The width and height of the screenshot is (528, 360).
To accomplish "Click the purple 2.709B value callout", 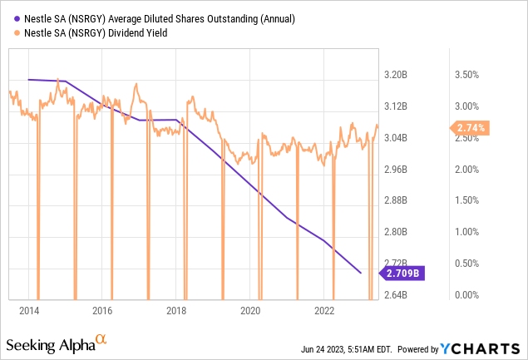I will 402,272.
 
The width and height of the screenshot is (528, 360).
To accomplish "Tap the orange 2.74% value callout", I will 471,128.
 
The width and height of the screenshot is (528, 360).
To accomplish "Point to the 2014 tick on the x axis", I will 29,310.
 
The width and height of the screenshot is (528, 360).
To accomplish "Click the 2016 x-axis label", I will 103,310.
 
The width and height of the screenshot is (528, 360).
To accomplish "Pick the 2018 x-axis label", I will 176,310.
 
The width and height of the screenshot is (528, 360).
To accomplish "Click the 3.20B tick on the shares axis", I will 396,75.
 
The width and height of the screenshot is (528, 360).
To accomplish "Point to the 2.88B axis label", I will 396,200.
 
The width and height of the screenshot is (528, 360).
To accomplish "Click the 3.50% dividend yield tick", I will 468,75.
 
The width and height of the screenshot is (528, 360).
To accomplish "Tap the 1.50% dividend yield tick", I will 468,200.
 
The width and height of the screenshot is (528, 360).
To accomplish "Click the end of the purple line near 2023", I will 360,272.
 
